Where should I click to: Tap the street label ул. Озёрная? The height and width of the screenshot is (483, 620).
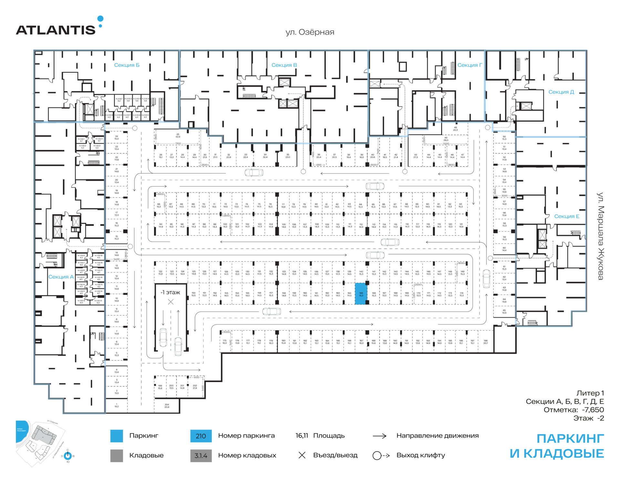310,32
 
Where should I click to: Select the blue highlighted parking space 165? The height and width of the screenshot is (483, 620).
361,294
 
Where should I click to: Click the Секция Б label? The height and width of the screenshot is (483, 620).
127,65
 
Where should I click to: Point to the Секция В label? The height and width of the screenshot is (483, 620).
284,65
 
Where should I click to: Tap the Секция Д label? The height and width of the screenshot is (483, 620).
561,92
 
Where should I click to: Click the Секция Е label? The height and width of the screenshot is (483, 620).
566,216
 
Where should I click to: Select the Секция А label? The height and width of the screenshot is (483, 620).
61,277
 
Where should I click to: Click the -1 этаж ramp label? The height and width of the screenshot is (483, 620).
170,292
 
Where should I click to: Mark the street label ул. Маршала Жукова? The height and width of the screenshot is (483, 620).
600,236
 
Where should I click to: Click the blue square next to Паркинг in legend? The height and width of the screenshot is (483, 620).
117,436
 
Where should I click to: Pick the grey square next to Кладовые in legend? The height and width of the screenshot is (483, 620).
117,456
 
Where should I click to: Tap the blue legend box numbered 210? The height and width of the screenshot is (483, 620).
201,436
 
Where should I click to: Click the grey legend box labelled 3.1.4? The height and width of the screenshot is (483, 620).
201,456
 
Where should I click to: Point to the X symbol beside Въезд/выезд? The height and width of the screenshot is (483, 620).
302,455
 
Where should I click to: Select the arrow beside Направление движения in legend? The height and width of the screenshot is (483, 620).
380,436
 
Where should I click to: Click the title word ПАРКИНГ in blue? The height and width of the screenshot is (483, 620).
570,439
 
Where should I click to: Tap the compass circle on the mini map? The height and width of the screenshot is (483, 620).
68,456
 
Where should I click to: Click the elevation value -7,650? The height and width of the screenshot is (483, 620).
593,410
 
